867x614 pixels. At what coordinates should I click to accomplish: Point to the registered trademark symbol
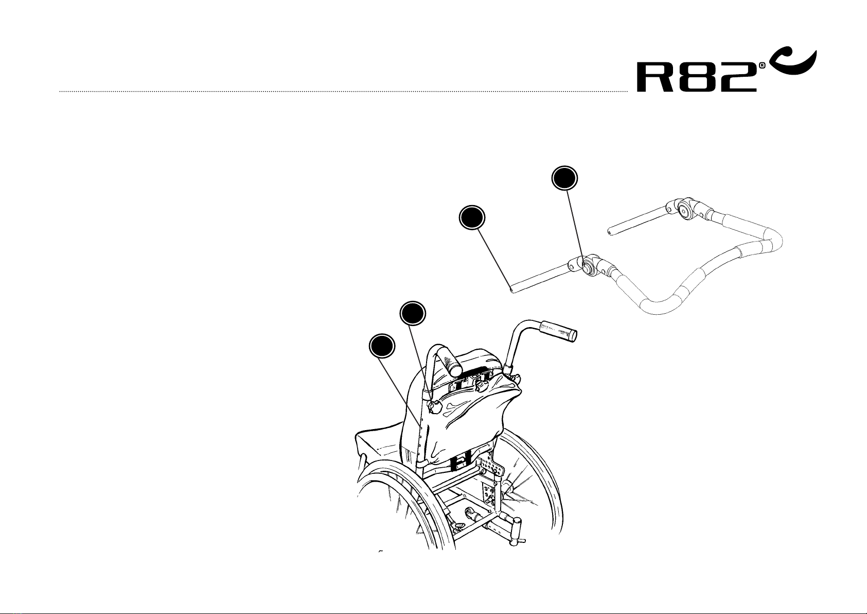click(x=762, y=66)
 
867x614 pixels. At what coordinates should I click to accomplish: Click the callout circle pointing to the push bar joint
click(x=564, y=178)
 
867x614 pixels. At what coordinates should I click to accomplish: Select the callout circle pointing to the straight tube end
click(x=472, y=218)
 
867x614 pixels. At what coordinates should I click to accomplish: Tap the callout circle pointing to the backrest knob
click(x=413, y=313)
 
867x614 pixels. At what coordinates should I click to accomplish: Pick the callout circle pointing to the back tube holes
click(x=382, y=346)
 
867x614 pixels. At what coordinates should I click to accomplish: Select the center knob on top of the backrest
click(x=482, y=385)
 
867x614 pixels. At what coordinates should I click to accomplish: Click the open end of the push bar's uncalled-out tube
click(x=610, y=233)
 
